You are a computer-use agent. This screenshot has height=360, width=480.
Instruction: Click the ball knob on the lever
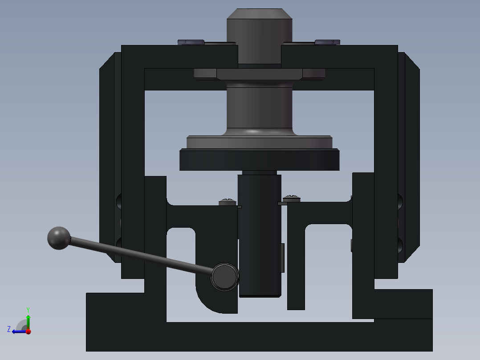point(59,238)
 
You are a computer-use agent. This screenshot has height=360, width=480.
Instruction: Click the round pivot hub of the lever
point(224,277)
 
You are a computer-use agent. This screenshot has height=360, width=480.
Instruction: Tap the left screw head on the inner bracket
point(228,202)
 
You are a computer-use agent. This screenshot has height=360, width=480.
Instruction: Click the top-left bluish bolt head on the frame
point(191,42)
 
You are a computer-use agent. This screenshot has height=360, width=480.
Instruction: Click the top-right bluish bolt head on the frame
point(327,42)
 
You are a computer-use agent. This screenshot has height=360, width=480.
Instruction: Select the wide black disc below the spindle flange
point(260,160)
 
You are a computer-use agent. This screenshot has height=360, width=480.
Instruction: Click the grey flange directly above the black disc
point(260,142)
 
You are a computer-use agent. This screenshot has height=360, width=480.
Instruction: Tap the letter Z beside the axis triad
point(9,329)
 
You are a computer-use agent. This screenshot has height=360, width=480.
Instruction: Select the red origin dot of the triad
point(28,331)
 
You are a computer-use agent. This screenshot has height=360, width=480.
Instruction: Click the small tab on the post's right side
point(282,258)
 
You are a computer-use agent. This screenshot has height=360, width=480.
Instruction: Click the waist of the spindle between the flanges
point(260,107)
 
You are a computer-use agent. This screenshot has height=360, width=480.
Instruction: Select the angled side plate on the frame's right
point(411,156)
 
